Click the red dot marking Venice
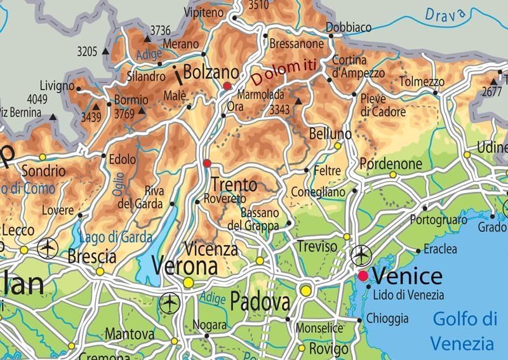363,276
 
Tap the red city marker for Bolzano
227,86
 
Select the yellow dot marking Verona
188,282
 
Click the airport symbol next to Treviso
361,255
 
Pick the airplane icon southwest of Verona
170,303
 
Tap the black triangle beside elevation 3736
147,39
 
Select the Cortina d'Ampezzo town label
358,67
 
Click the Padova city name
260,302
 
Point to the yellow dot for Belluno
338,145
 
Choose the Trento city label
234,185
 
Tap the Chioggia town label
387,318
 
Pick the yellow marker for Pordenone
392,174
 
